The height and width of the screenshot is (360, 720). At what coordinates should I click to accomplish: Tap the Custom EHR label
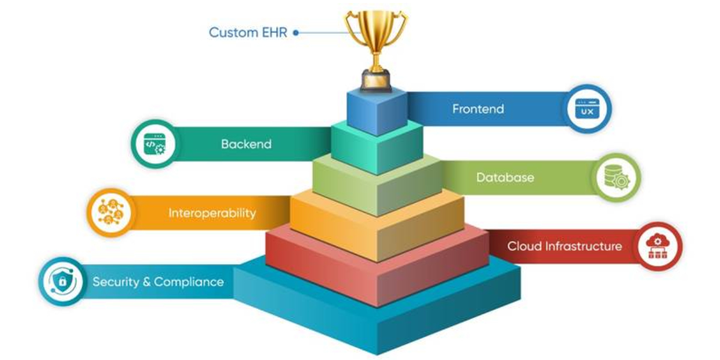(248, 32)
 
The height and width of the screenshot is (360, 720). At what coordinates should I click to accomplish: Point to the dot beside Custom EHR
(296, 33)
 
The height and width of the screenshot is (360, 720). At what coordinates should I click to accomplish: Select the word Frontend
(478, 109)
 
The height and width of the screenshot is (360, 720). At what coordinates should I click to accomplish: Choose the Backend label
(246, 144)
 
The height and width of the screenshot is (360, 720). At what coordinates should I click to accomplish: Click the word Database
(505, 178)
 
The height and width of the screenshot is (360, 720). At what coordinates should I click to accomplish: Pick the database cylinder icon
(616, 177)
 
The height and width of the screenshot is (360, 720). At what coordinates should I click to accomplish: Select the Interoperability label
(212, 213)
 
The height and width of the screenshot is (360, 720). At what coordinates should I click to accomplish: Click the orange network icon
(109, 213)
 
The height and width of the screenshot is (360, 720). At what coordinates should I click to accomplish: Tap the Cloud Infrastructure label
(564, 246)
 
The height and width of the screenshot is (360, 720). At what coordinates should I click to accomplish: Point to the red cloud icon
(658, 246)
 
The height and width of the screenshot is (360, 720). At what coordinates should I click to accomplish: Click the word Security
(115, 282)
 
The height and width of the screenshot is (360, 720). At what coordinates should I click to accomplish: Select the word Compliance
(188, 282)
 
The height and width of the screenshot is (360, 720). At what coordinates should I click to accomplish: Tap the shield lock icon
(61, 281)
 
